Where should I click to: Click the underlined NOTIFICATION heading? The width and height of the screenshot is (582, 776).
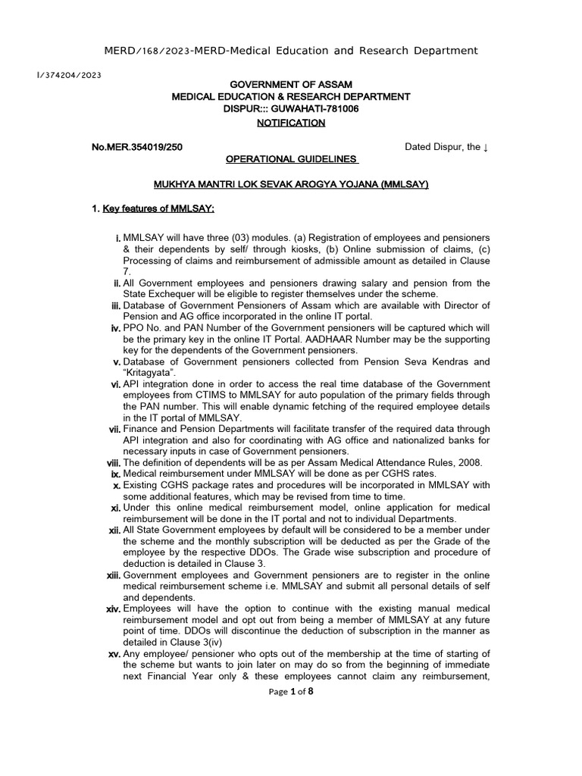coord(290,122)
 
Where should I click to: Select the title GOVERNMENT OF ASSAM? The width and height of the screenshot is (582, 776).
coord(291,83)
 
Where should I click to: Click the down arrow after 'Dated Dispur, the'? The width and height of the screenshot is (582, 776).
coord(485,147)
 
